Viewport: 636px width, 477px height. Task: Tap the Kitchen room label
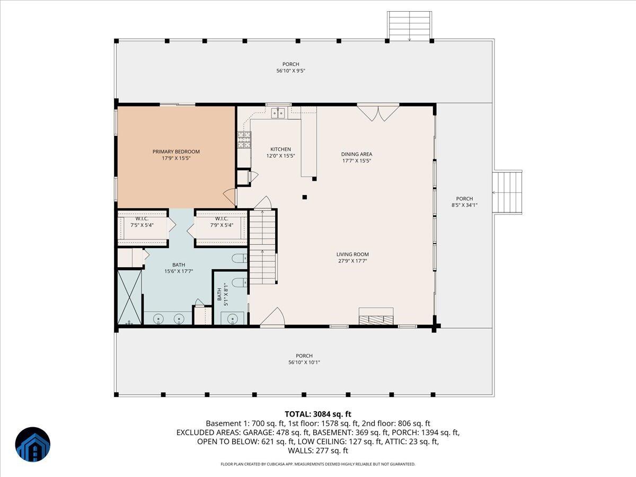coord(280,149)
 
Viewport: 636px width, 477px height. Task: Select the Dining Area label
coord(356,154)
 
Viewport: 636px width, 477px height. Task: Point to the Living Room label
coord(352,254)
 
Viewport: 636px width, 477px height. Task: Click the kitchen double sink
coord(278,113)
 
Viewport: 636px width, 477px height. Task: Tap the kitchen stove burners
coord(244,139)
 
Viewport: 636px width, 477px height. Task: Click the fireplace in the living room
coord(376,316)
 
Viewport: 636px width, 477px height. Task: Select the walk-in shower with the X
coord(129,297)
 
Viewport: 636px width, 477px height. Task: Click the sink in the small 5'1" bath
coord(232,319)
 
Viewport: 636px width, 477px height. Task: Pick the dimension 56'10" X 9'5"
coord(290,70)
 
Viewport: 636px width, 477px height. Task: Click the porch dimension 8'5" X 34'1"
coord(464,205)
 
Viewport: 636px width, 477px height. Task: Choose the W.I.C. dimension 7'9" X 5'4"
coord(222,225)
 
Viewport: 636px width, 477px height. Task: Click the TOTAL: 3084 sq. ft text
coord(318,414)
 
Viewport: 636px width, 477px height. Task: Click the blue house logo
coord(33,445)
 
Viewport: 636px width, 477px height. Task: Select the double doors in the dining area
coord(378,113)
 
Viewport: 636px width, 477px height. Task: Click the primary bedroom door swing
coord(229,198)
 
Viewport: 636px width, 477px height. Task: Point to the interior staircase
coord(262,247)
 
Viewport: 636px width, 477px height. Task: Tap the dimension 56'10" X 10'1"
coord(304,363)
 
